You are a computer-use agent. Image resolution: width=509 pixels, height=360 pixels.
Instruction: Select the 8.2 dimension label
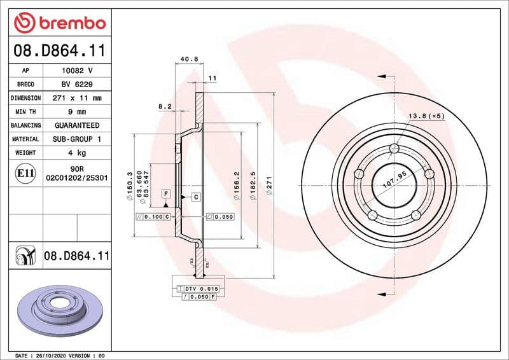(x=165, y=106)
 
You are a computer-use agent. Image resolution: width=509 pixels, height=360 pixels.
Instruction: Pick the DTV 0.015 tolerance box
(x=203, y=289)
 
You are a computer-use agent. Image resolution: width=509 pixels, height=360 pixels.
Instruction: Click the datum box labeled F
(x=165, y=193)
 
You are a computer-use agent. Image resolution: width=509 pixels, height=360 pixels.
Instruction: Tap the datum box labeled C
(x=196, y=197)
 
